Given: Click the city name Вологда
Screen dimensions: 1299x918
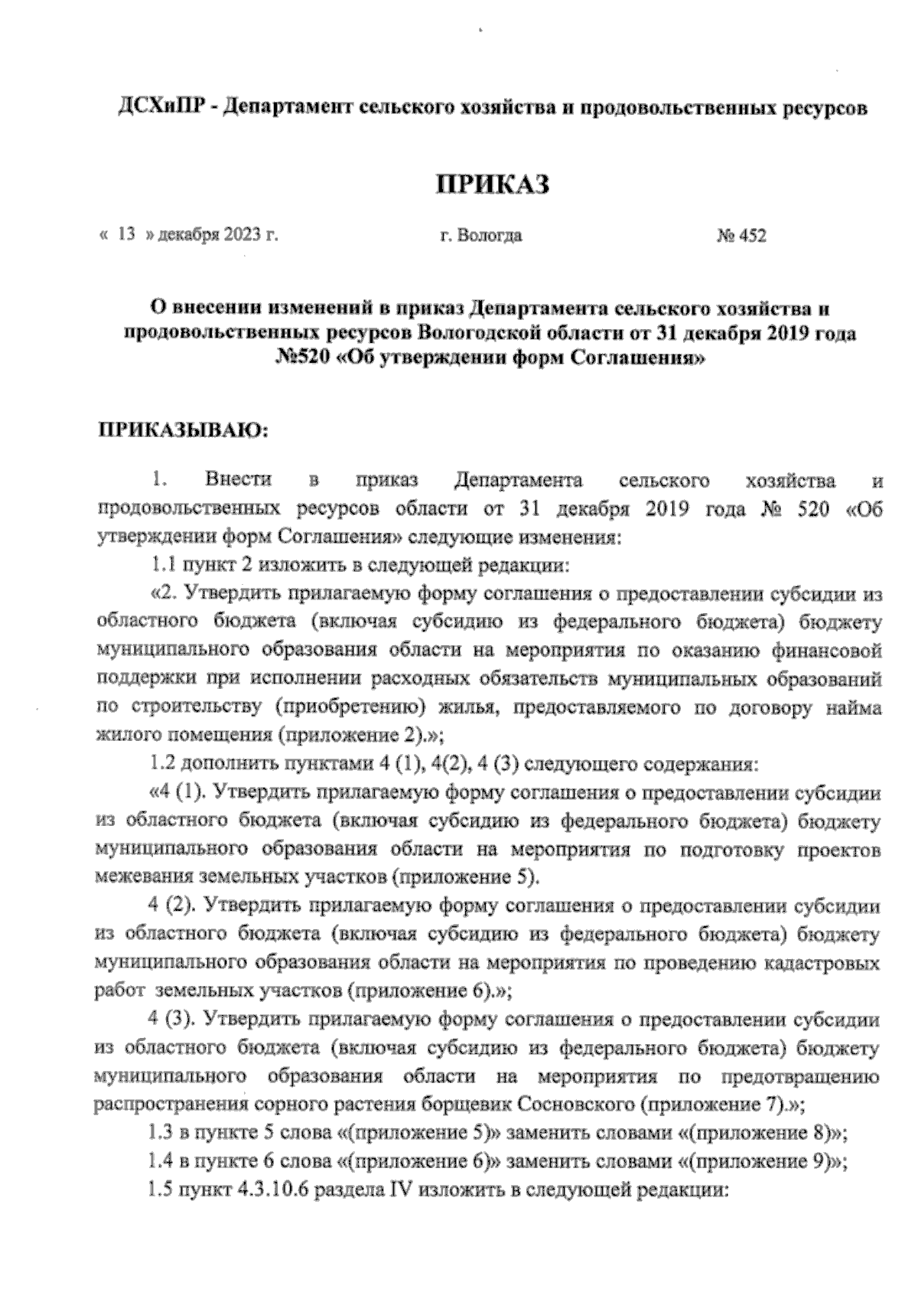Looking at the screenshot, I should pyautogui.click(x=492, y=236).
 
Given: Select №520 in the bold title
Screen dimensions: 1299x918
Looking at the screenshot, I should pyautogui.click(x=305, y=357).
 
